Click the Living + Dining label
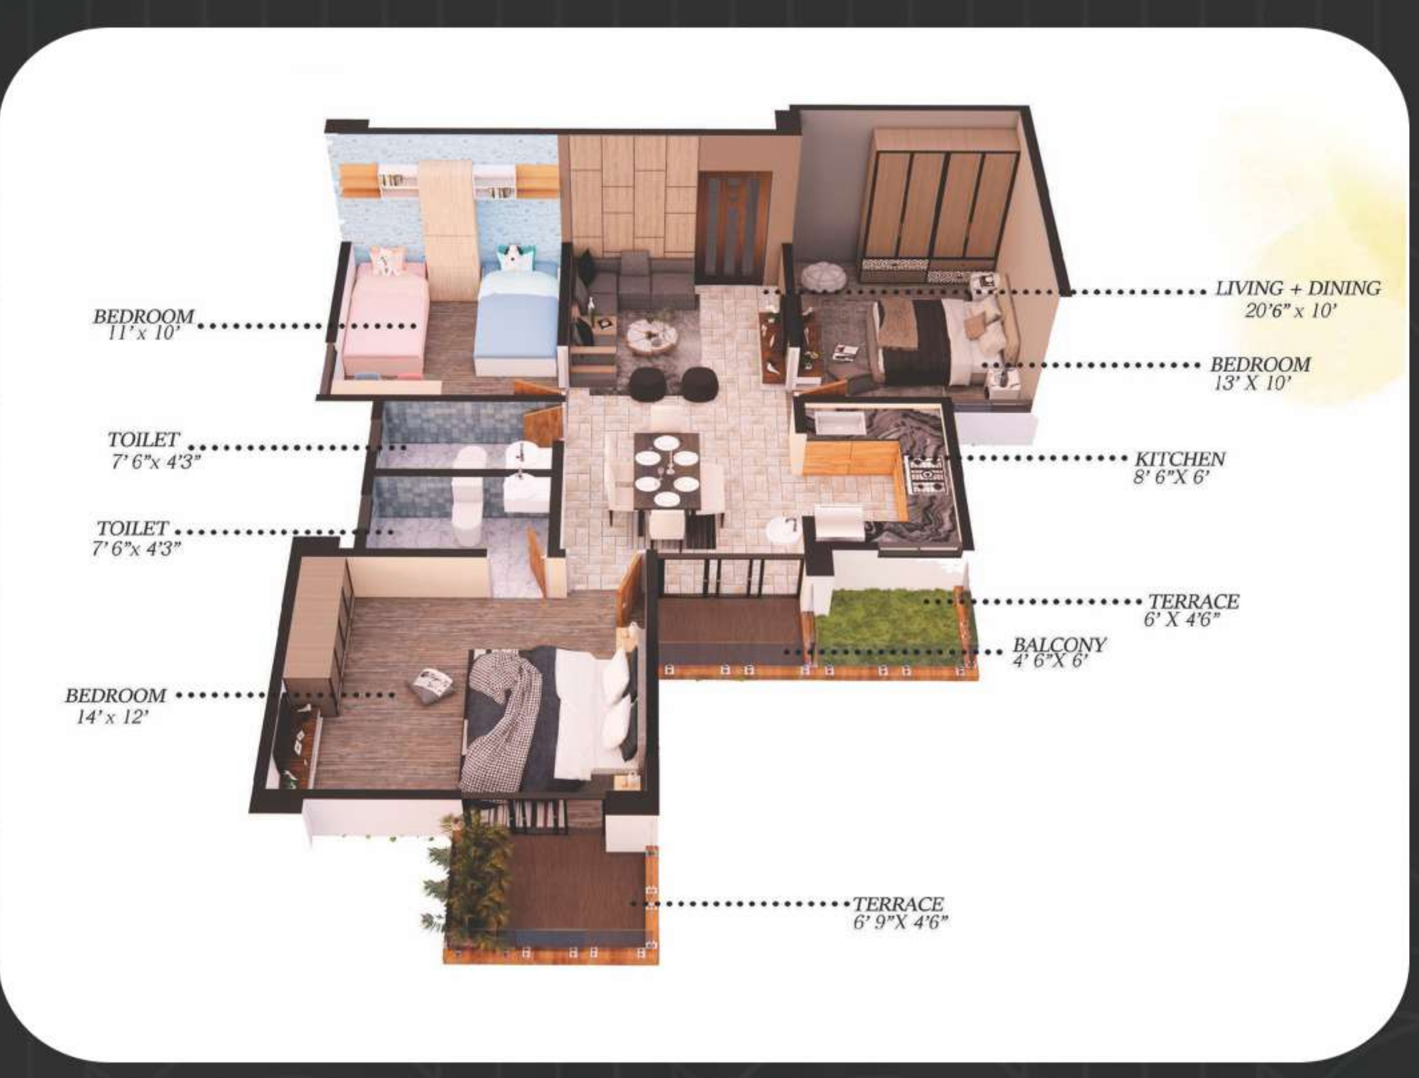tap(1297, 289)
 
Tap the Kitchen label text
tap(1180, 459)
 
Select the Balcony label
tap(1059, 645)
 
